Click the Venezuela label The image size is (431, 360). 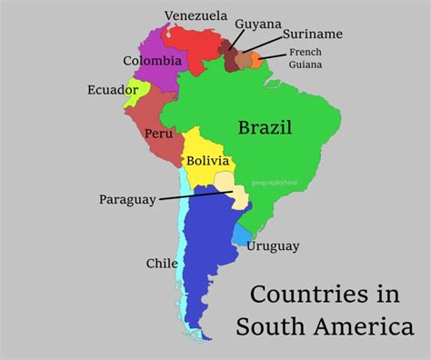pos(195,15)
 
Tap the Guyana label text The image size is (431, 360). pos(257,24)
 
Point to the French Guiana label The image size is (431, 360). pos(305,58)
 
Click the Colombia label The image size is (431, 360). pos(152,61)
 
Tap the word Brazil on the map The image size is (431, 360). pos(266,127)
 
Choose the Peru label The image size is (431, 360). pos(158,134)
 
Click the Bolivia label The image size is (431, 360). pos(208,161)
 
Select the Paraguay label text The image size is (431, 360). pos(126,199)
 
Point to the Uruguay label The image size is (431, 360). pos(272,245)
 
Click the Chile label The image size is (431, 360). pos(162,264)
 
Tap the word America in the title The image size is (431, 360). pos(369,325)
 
